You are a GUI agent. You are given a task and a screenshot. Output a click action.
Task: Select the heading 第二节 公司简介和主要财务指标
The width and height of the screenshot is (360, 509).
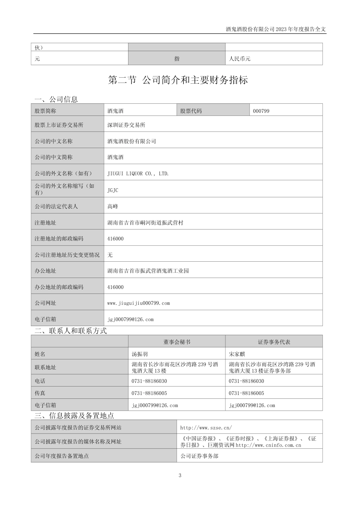pos(178,80)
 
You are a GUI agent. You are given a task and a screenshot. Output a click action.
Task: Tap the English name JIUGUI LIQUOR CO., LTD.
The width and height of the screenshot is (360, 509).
pos(138,173)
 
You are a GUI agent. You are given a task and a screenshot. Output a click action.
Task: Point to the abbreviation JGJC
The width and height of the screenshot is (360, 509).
pos(113,190)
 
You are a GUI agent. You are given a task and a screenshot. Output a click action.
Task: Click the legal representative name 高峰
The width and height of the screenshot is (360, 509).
pos(113,206)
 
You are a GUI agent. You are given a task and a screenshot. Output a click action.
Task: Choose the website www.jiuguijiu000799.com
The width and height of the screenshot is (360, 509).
pos(139,303)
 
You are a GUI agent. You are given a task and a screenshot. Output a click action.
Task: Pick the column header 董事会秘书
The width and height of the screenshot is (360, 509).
pos(177,342)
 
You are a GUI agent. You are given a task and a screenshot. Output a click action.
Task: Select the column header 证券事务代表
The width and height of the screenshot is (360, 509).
pos(274,342)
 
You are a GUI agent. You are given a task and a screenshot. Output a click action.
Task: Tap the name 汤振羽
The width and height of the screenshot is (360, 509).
pos(139,354)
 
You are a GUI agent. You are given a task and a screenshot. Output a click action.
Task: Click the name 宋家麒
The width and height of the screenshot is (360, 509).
pos(237,354)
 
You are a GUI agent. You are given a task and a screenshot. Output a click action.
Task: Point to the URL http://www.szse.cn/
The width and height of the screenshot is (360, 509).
pos(206,428)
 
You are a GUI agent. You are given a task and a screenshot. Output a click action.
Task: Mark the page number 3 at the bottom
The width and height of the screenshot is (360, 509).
pos(180,475)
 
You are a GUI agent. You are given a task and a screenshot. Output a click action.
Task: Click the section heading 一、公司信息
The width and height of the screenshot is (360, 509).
pos(56,99)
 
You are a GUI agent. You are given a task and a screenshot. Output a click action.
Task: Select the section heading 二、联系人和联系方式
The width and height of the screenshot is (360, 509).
pos(71,331)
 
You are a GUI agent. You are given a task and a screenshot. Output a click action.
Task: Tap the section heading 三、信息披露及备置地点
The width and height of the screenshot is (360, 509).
pos(74,415)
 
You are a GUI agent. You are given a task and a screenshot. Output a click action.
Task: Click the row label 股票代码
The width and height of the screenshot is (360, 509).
pos(191,111)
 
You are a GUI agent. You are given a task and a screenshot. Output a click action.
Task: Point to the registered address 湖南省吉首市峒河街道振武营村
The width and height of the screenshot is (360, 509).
pos(145,223)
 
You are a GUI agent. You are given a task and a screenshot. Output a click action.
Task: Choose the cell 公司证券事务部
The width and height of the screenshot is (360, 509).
pos(199,456)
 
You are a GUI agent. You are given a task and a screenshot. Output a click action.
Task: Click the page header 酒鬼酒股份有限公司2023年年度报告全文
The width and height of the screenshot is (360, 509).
pos(275,29)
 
